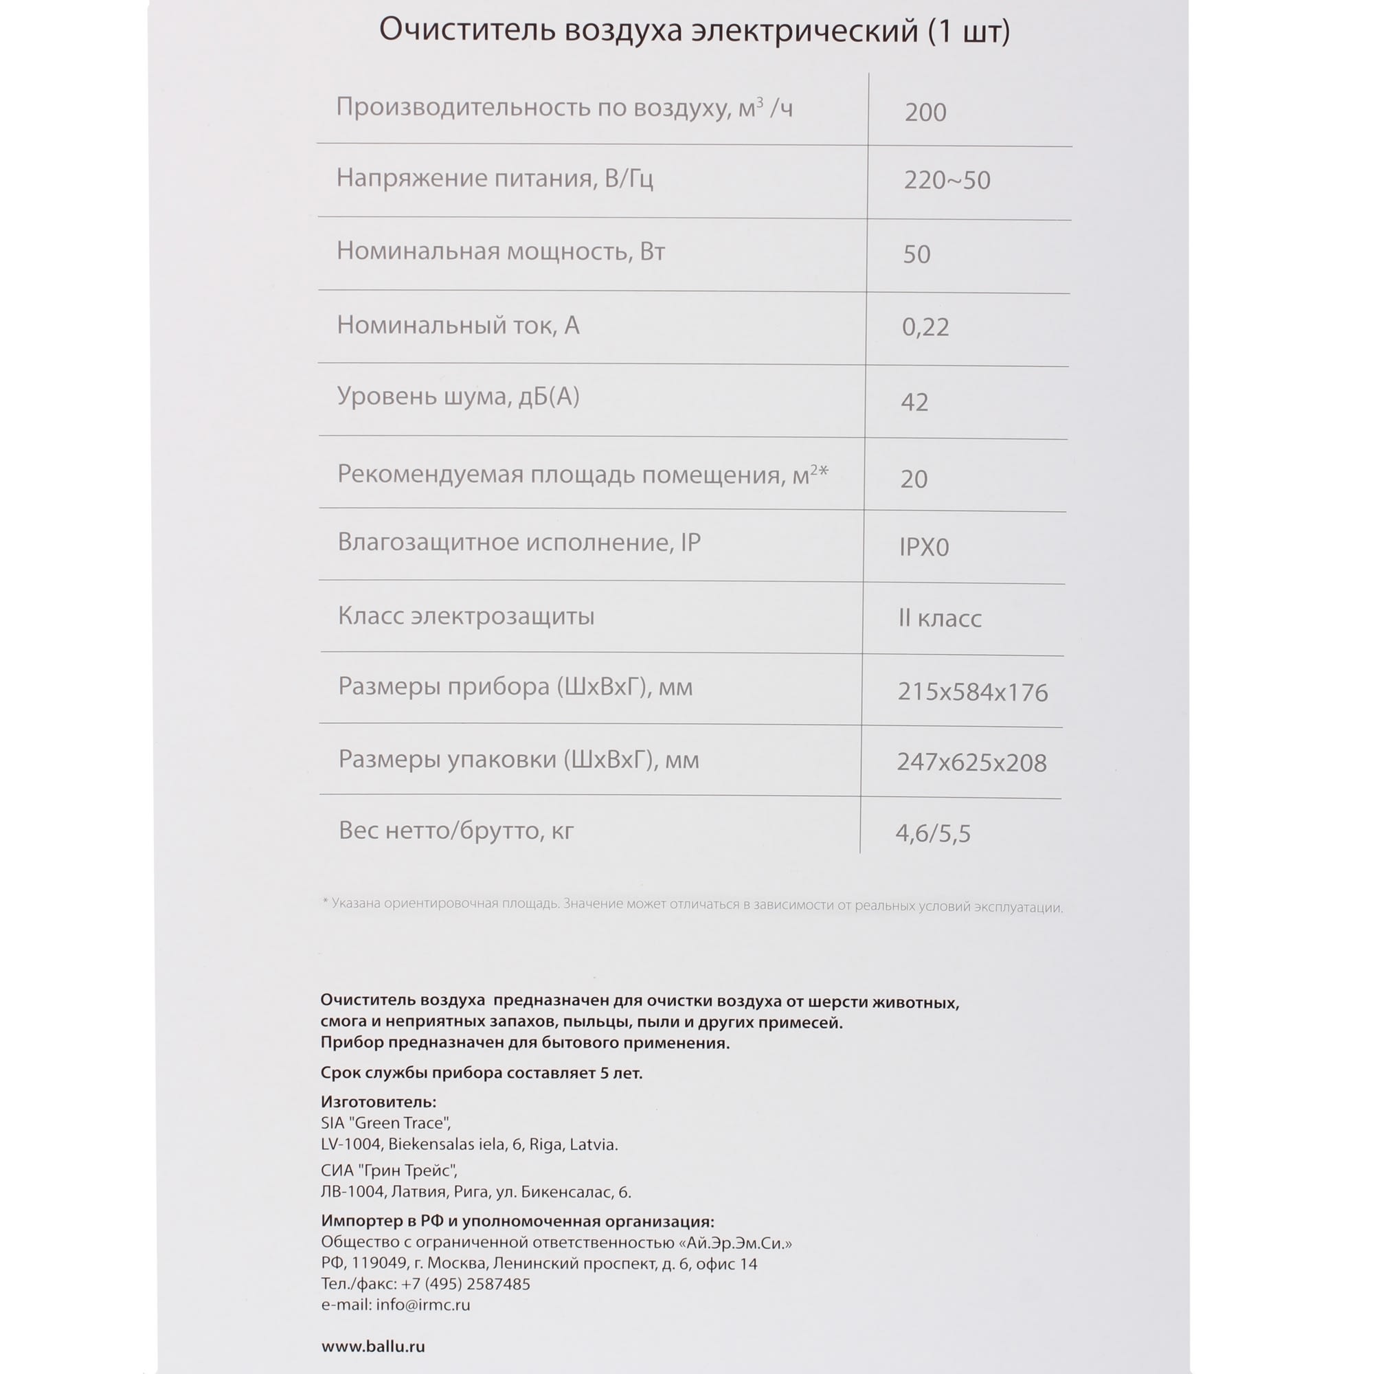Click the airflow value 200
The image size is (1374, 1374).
point(925,113)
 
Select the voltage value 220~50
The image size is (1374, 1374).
point(947,181)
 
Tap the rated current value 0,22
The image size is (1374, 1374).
point(925,327)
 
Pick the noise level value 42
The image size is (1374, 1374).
point(914,403)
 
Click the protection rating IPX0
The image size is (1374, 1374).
point(924,547)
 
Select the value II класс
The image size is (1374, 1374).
point(939,618)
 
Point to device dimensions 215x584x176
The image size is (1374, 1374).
point(972,692)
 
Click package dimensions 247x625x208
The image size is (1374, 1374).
point(971,763)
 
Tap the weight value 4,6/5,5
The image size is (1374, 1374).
point(932,833)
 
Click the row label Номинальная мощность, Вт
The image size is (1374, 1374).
point(501,251)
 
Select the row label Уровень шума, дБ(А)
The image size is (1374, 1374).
point(458,396)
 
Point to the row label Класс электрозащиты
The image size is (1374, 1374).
point(466,616)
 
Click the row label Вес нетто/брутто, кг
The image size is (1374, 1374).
point(456,831)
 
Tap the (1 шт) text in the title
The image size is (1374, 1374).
point(969,32)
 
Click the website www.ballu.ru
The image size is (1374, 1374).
point(372,1347)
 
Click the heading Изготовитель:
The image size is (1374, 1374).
point(379,1102)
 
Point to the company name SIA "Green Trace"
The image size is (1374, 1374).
point(385,1123)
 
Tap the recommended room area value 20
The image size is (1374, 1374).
point(914,480)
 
